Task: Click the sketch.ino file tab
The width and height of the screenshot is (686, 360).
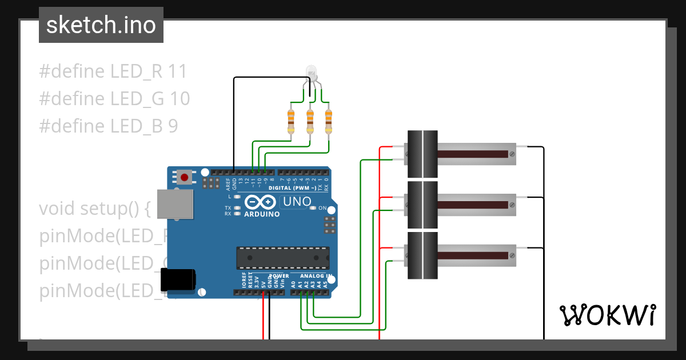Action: tap(101, 25)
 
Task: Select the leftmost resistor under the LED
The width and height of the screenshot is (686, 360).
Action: tap(291, 121)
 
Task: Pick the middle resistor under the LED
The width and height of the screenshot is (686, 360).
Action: tap(310, 121)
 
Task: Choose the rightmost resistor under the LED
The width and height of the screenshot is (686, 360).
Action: tap(328, 121)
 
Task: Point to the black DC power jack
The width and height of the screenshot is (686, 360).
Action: tap(178, 279)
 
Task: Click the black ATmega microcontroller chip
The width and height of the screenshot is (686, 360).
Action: tap(283, 258)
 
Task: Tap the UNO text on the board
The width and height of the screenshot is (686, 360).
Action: tap(297, 202)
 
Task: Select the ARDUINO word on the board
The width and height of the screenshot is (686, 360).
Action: tap(262, 214)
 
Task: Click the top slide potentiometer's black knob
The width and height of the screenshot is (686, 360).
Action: tap(422, 154)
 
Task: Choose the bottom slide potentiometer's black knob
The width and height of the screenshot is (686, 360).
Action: tap(422, 255)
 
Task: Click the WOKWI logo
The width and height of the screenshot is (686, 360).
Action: tap(607, 315)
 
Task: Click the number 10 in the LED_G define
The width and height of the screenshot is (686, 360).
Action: tap(180, 99)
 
